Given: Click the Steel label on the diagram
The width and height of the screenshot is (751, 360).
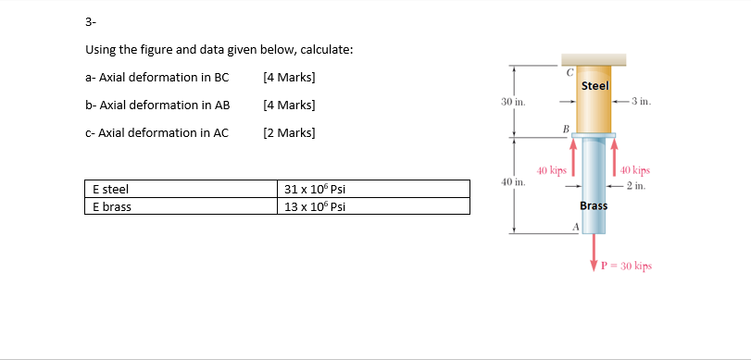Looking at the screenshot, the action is click(595, 86).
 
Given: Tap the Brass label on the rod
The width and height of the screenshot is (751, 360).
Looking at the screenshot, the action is click(594, 205).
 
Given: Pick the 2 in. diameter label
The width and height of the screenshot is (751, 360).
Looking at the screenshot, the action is click(635, 186).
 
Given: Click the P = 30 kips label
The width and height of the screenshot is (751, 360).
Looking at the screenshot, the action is click(627, 266).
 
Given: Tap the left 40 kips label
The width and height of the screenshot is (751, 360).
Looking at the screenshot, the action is click(552, 170).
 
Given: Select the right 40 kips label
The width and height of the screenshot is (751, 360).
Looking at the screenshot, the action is click(635, 170).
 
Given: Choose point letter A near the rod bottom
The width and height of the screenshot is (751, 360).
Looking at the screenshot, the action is click(575, 227).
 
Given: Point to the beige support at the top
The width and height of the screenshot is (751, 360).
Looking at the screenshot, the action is click(594, 59).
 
